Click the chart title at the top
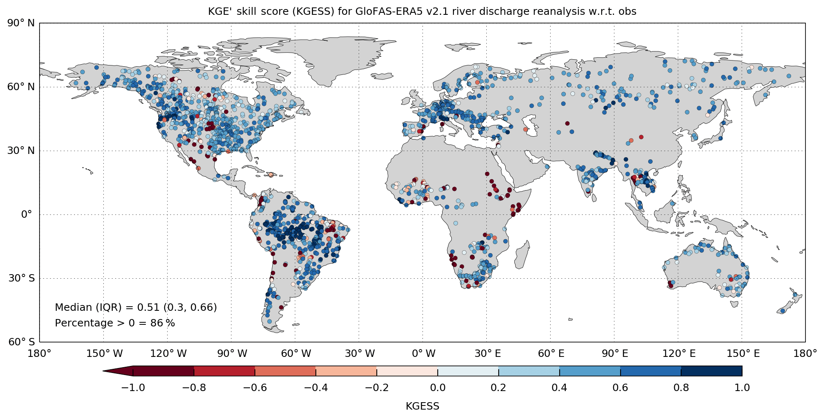point(422,12)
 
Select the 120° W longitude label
point(168,354)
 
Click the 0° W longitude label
point(423,354)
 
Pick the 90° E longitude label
point(615,354)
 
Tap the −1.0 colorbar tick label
point(133,388)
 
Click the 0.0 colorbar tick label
point(437,388)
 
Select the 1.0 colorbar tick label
point(742,388)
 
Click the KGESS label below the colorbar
point(422,406)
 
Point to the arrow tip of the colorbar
point(104,371)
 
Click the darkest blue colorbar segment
point(712,371)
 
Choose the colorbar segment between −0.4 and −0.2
point(346,371)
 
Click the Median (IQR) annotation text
point(136,308)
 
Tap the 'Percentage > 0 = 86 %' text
point(115,323)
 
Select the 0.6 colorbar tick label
point(620,388)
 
